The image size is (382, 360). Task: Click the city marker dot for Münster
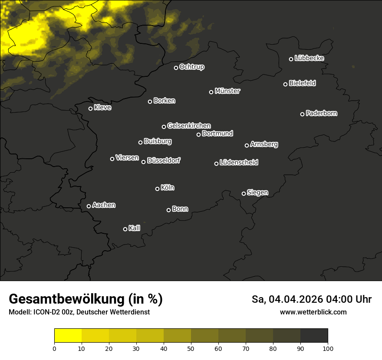(211, 92)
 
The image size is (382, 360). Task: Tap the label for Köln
(168, 188)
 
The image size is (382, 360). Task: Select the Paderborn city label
(322, 113)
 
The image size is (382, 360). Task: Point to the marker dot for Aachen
(89, 206)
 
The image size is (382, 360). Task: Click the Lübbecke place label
(310, 58)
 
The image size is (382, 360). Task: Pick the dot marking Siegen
(244, 193)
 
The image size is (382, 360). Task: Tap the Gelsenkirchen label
(189, 126)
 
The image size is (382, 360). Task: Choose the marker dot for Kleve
(91, 108)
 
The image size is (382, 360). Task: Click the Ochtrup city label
(192, 67)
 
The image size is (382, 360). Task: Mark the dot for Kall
(125, 229)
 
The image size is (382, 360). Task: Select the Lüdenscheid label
(239, 163)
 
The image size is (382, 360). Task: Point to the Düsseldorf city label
(164, 160)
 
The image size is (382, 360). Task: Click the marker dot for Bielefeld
(286, 84)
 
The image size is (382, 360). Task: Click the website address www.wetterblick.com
(313, 312)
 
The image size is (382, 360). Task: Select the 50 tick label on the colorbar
(191, 348)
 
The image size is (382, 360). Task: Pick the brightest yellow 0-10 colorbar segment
(68, 336)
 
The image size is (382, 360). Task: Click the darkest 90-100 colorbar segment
(314, 336)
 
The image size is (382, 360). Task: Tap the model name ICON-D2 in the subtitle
(46, 312)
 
